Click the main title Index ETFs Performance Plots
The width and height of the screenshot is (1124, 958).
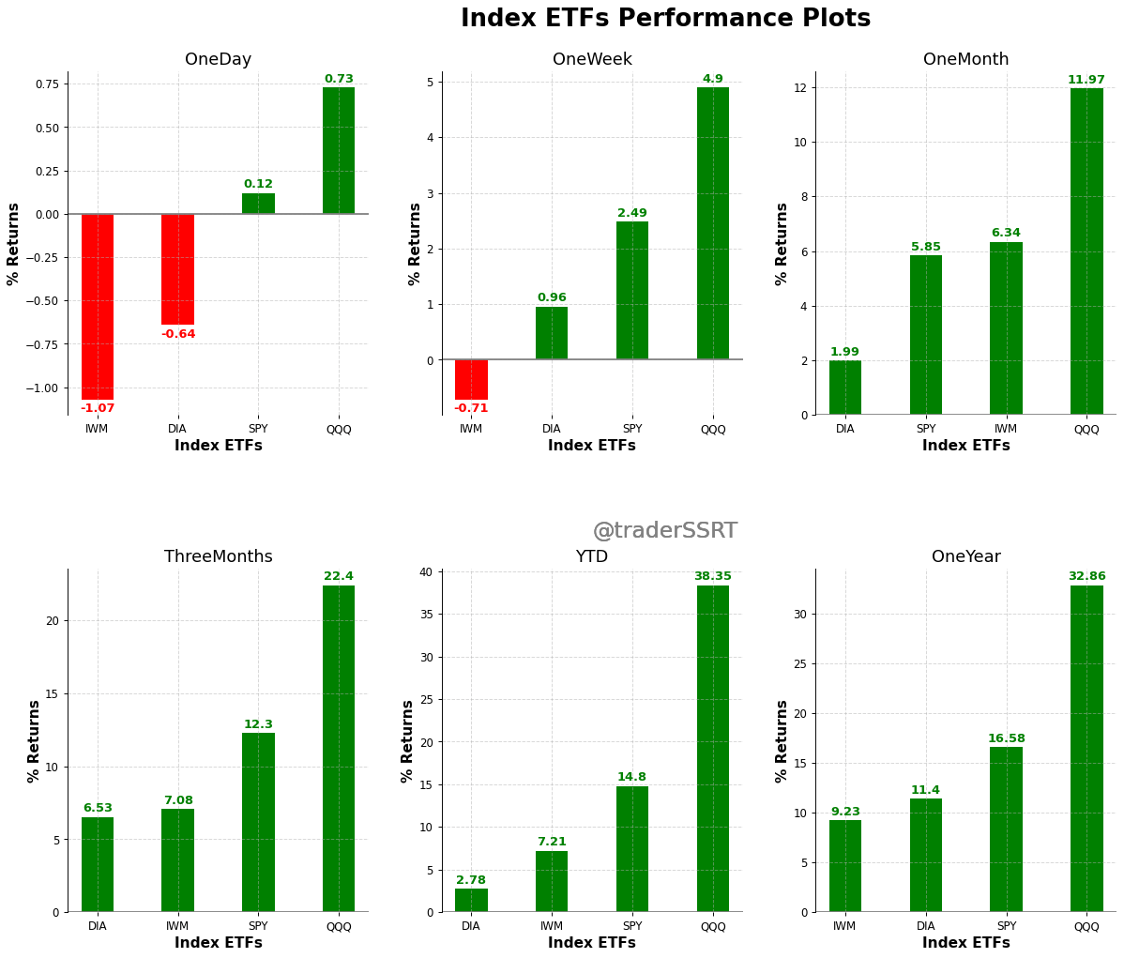665,20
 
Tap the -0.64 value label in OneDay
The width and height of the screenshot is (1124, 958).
178,335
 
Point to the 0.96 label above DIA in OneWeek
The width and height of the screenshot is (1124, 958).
552,298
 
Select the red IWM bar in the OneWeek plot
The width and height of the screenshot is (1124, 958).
471,380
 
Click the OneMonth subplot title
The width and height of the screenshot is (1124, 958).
965,60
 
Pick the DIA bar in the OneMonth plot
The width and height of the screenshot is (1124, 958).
845,388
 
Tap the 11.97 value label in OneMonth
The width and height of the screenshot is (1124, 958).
1086,80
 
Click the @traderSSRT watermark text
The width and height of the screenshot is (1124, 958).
664,531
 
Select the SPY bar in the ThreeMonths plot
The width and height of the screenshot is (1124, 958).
258,822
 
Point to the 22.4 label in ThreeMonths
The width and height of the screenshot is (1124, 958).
339,577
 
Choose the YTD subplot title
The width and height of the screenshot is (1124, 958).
591,557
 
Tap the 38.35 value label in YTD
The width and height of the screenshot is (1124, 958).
713,577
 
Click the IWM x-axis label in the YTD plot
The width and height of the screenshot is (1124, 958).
552,927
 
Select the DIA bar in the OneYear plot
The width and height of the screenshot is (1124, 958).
926,855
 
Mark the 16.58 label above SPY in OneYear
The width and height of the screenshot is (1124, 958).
1007,739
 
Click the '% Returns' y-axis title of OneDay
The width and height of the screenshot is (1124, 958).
14,244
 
